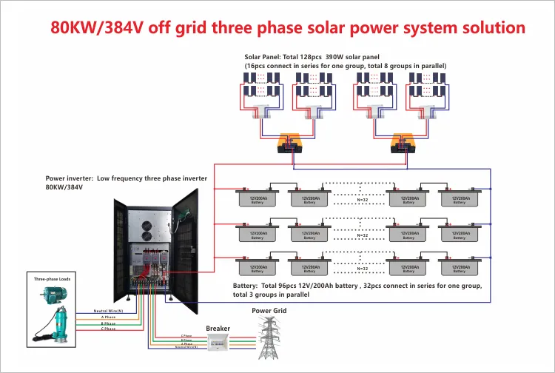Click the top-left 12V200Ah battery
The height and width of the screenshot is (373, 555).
coord(258,199)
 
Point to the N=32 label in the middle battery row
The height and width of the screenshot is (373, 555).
coord(363,235)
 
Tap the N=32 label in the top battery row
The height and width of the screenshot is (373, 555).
coord(363,200)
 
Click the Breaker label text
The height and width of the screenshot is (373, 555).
coord(218,329)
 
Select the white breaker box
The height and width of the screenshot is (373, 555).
coord(218,342)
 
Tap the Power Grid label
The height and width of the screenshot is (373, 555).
coord(269,311)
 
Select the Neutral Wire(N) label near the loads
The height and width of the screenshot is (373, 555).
coord(108,311)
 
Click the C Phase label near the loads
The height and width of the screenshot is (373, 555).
coord(108,329)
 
